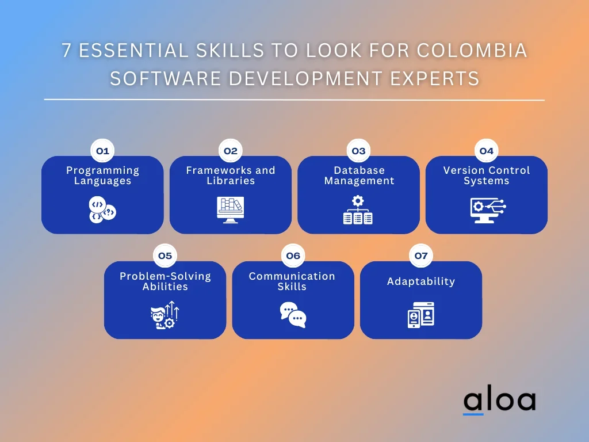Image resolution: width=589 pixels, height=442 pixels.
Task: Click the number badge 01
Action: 102,151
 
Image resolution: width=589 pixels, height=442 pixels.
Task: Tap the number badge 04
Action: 487,151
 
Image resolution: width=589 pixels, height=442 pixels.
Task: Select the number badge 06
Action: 293,256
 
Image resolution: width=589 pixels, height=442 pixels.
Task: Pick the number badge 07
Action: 421,256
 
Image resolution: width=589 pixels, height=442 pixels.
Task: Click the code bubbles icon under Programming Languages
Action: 102,209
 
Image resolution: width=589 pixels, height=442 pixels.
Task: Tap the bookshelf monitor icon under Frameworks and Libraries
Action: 230,209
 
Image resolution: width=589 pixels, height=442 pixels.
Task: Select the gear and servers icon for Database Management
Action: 358,209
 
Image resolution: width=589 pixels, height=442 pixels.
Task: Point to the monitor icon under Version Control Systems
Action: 488,211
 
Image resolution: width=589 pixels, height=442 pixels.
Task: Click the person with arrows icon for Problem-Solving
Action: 165,315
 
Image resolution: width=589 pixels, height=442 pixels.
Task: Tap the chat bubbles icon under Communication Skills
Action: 293,315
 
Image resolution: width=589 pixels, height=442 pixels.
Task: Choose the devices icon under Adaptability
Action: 421,315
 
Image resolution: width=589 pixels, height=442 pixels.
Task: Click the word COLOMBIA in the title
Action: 472,51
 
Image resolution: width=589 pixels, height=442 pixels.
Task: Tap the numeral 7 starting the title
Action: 67,51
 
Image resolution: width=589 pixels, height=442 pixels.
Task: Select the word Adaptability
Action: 421,281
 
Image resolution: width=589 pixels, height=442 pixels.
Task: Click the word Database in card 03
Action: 359,170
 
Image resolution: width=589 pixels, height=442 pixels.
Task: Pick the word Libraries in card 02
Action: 231,181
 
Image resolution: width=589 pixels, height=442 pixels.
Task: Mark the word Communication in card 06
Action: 292,276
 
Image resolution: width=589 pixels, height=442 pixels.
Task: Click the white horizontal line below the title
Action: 294,100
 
